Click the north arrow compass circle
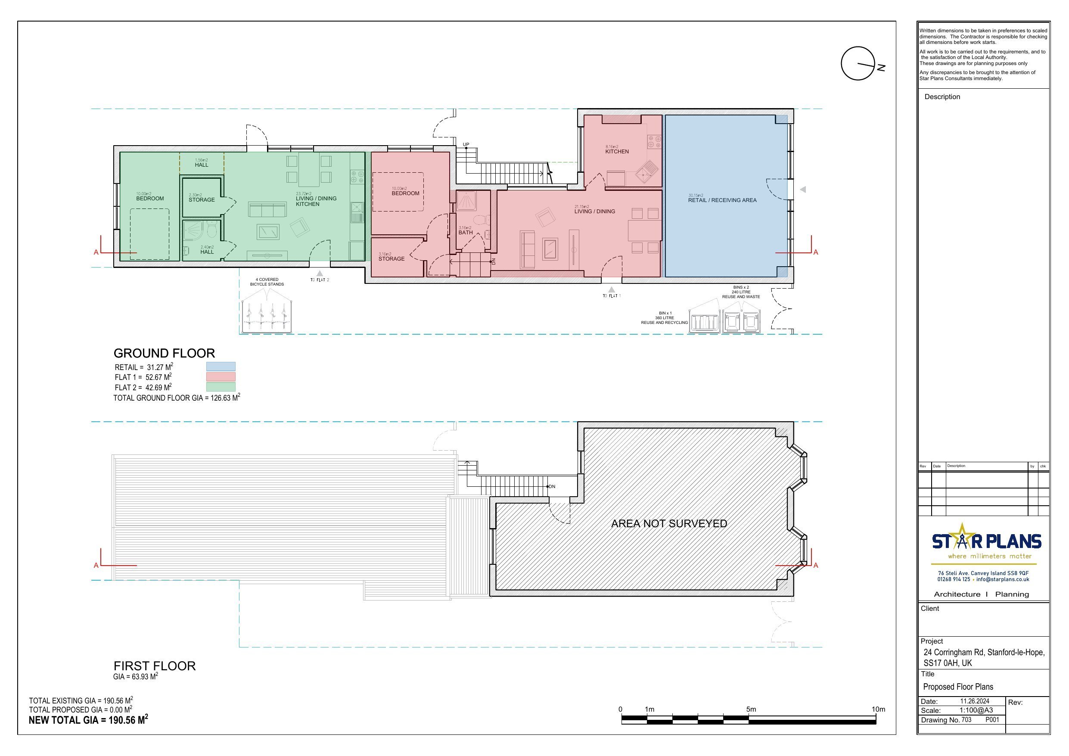click(x=858, y=63)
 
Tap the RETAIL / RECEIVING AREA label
click(x=722, y=200)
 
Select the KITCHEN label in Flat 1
click(x=617, y=151)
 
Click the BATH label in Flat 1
click(x=466, y=233)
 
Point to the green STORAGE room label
click(x=202, y=200)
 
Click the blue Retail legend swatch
click(x=221, y=367)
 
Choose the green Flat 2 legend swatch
click(x=221, y=387)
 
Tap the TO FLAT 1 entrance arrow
click(x=612, y=290)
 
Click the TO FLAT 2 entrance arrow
click(x=320, y=274)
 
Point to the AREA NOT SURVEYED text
click(x=668, y=523)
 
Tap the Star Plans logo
click(x=986, y=542)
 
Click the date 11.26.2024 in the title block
click(x=975, y=701)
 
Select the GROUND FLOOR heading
click(x=164, y=353)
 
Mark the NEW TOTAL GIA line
click(x=88, y=720)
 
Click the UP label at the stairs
click(x=466, y=144)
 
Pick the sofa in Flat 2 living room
click(x=267, y=210)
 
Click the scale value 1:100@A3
click(x=976, y=710)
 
